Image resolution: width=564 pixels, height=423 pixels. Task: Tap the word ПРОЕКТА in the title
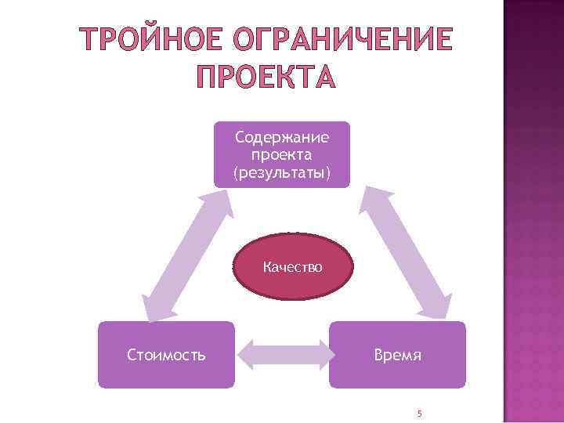click(264, 76)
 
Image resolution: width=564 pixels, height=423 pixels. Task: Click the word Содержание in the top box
click(282, 138)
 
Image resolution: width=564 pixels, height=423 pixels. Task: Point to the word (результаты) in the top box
click(282, 172)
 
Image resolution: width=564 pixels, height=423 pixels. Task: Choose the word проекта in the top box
click(282, 155)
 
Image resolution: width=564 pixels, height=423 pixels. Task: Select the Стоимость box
click(166, 355)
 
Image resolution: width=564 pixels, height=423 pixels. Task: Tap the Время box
click(396, 355)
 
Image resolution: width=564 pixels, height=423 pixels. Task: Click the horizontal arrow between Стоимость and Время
click(281, 355)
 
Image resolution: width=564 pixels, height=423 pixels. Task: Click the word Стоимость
click(166, 355)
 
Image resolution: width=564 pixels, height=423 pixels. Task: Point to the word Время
click(396, 355)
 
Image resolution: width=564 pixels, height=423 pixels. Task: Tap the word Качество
click(293, 267)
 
